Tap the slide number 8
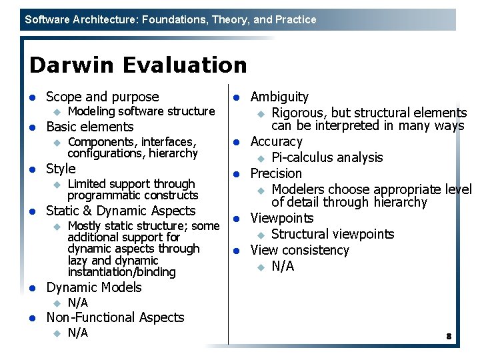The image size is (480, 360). pyautogui.click(x=449, y=337)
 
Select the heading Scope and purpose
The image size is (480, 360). pyautogui.click(x=102, y=97)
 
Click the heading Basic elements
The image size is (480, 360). pyautogui.click(x=89, y=127)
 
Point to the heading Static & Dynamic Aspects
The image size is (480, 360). pyautogui.click(x=121, y=211)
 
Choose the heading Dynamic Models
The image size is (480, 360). pyautogui.click(x=93, y=288)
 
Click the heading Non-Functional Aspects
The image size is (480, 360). pyautogui.click(x=115, y=318)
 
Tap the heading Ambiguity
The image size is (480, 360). pyautogui.click(x=279, y=97)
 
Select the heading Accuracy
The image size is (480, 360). pyautogui.click(x=276, y=142)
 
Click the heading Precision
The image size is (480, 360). pyautogui.click(x=276, y=173)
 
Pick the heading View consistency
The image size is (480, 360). pyautogui.click(x=299, y=251)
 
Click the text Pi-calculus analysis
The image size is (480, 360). pyautogui.click(x=327, y=158)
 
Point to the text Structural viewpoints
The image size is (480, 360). pyautogui.click(x=333, y=235)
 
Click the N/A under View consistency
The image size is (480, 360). pyautogui.click(x=283, y=267)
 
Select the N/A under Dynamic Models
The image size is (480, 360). pyautogui.click(x=78, y=303)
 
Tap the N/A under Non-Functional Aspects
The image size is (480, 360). pyautogui.click(x=78, y=333)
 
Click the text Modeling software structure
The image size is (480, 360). pyautogui.click(x=141, y=111)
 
